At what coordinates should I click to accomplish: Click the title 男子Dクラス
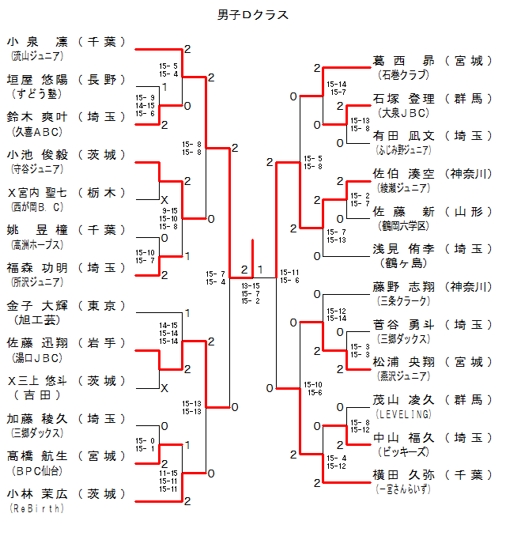click(x=253, y=14)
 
